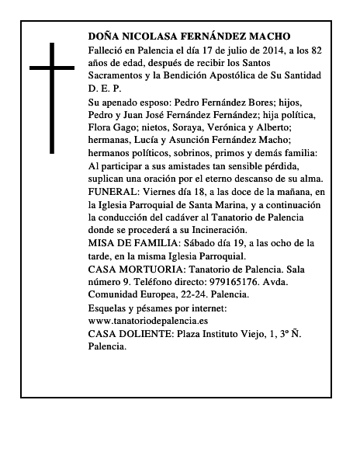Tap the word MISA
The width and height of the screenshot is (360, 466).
pos(102,243)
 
